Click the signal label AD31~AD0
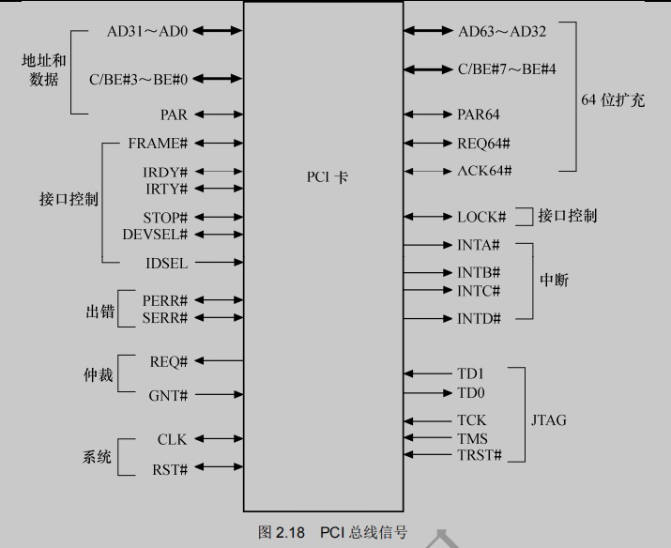click(x=147, y=31)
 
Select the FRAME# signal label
click(x=158, y=144)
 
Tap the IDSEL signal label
click(x=166, y=264)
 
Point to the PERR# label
click(x=165, y=300)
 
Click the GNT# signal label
click(x=168, y=396)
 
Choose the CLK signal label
click(x=173, y=439)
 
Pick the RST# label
click(x=170, y=469)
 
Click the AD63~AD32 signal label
click(x=502, y=31)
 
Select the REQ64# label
click(x=483, y=144)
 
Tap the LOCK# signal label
click(x=481, y=217)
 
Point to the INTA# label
click(x=479, y=245)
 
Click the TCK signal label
click(x=472, y=420)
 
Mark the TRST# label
click(x=480, y=455)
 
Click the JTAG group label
click(x=548, y=419)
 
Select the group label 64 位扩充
click(x=613, y=100)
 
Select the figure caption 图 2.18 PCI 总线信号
click(x=333, y=533)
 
